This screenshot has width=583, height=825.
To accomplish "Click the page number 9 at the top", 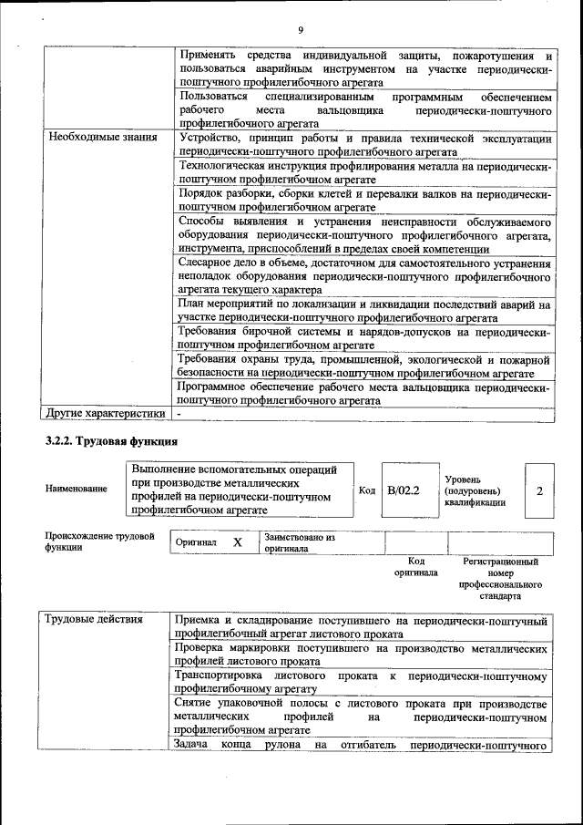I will pyautogui.click(x=300, y=31).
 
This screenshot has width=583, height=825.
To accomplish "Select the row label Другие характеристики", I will pyautogui.click(x=107, y=413).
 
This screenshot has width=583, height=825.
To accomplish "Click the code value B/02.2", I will pyautogui.click(x=403, y=490).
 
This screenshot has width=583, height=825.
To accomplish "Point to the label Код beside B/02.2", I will pyautogui.click(x=367, y=490).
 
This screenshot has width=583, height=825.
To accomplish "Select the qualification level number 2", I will pyautogui.click(x=539, y=490).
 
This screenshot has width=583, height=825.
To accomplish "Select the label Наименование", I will pyautogui.click(x=76, y=489).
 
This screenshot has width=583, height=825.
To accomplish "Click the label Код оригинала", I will pyautogui.click(x=416, y=567).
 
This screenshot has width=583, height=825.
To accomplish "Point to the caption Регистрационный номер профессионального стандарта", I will pyautogui.click(x=500, y=579).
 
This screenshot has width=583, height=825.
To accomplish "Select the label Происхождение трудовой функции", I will pyautogui.click(x=99, y=541).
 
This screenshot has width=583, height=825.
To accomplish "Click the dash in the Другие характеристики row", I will pyautogui.click(x=180, y=413).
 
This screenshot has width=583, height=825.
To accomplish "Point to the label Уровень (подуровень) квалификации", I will pyautogui.click(x=474, y=490).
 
